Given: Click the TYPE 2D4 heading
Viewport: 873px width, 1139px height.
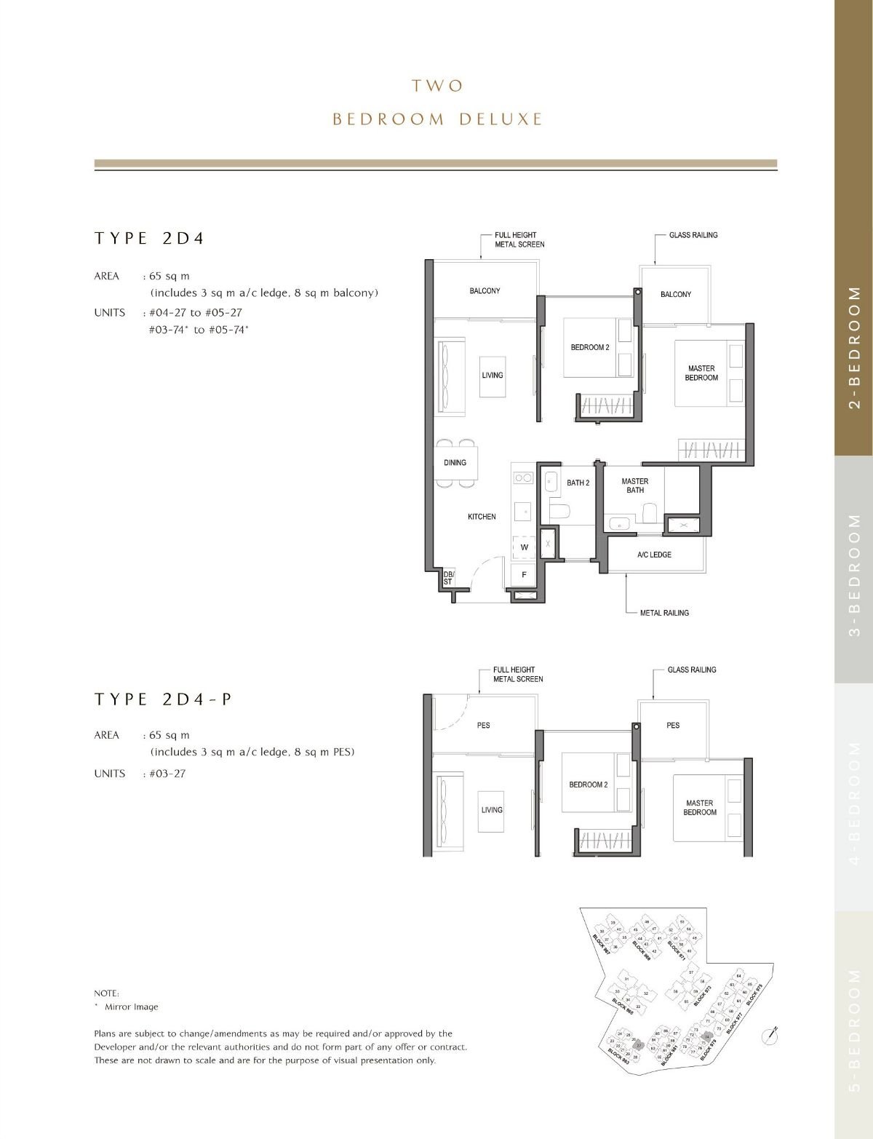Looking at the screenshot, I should pos(149,239).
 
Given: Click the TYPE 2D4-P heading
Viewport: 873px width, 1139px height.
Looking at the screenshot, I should pos(163,699).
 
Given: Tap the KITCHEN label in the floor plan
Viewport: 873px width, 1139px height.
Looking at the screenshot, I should pos(482,517).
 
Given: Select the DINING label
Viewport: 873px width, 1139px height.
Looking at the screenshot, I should pos(455,463).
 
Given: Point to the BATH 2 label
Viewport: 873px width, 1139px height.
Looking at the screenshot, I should pos(578,483).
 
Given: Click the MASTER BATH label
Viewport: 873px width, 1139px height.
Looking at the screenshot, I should pos(635,485).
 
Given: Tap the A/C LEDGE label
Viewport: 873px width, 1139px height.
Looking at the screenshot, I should pos(654,555).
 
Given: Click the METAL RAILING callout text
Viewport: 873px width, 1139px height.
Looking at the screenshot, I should pos(664,613).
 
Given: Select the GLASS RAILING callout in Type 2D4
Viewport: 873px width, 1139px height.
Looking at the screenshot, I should pos(693,235).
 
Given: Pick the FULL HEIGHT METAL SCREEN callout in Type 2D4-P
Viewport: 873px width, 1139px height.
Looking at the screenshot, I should pos(518,675).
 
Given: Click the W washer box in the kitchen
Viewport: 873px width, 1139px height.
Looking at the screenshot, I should pos(524,547).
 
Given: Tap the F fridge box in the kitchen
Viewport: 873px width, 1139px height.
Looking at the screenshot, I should pos(524,575).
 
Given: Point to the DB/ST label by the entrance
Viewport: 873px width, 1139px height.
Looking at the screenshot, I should pos(448,578).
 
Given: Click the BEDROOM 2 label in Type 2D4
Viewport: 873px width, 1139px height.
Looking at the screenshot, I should pos(589,348).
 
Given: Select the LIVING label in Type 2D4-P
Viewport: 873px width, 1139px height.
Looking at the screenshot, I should pos(492,810).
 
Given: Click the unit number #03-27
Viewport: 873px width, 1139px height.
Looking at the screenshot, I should pos(167,774).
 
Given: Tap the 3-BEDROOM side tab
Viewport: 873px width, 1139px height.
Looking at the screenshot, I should pos(855,574).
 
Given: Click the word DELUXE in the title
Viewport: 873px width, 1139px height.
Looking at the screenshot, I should pos(501,119).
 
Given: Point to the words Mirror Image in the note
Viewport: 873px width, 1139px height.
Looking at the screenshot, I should pos(131,1007).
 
